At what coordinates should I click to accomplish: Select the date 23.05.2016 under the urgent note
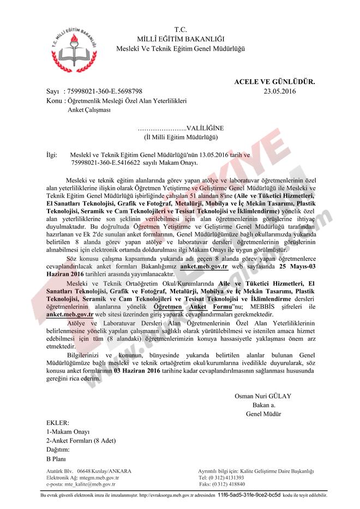[x=279, y=92]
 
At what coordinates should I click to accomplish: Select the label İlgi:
[x=52, y=154]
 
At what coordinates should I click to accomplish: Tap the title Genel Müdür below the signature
[x=263, y=413]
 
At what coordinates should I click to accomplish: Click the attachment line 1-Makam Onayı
[x=68, y=432]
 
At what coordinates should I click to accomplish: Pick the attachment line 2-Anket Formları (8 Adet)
[x=81, y=440]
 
